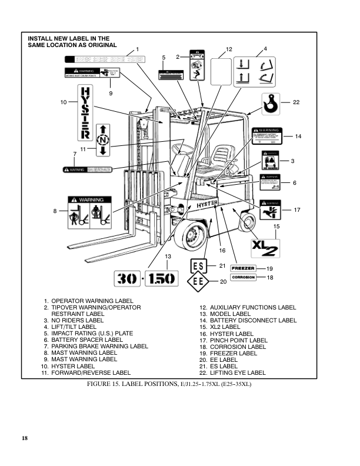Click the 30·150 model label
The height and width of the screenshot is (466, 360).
tap(145, 278)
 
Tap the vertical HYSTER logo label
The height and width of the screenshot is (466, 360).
tap(85, 111)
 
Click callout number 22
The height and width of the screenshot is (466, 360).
tap(296, 102)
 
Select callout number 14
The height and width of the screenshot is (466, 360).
tap(298, 137)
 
